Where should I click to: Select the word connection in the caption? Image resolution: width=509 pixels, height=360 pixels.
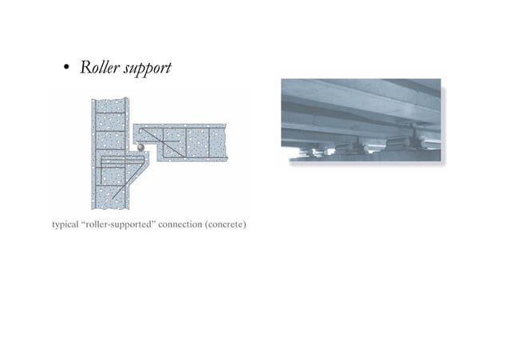pos(182,224)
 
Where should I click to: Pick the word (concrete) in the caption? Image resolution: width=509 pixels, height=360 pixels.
pos(226,224)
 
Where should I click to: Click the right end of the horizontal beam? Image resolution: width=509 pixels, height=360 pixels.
pos(224,142)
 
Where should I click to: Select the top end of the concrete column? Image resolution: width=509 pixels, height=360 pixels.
pos(109,101)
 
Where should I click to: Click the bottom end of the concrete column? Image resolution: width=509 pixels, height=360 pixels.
pos(109,206)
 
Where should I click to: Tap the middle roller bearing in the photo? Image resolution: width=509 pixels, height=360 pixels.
pos(351,146)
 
